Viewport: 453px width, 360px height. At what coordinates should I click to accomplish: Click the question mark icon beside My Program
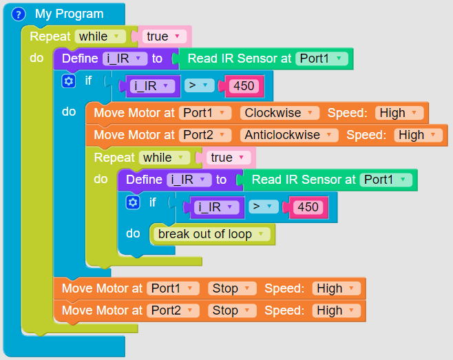tap(19, 14)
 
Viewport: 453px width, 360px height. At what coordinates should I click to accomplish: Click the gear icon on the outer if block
tap(68, 81)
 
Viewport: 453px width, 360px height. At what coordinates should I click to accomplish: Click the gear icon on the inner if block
tap(133, 202)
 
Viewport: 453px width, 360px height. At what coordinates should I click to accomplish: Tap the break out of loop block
tap(212, 234)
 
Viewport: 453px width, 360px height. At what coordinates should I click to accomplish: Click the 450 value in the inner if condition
tap(308, 207)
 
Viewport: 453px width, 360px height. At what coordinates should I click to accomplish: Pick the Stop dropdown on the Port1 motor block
tap(232, 288)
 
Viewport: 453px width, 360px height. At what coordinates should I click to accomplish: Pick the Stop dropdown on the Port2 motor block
tap(232, 310)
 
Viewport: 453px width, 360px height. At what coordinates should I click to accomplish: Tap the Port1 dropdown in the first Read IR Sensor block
tap(320, 59)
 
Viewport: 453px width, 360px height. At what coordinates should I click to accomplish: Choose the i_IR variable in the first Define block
tap(125, 59)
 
